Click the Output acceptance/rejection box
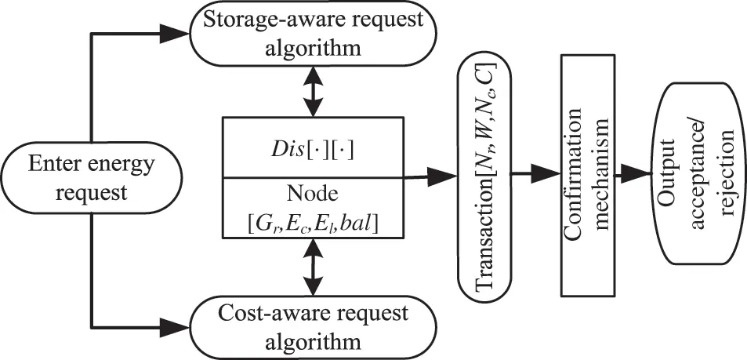pos(697,176)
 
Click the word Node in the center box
pos(313,192)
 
